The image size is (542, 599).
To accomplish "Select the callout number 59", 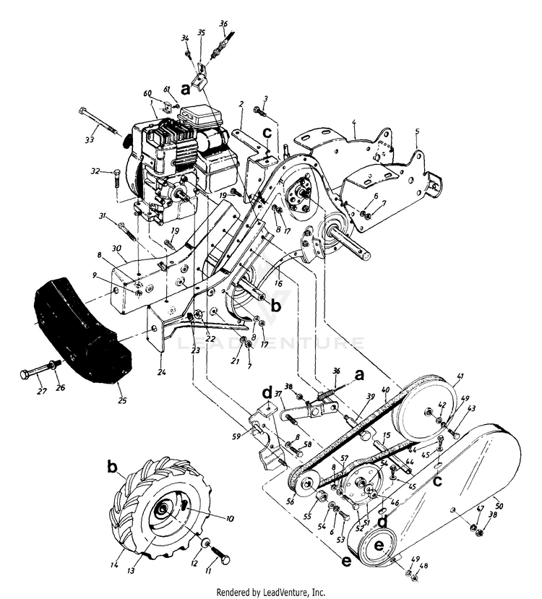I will [235, 436].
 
